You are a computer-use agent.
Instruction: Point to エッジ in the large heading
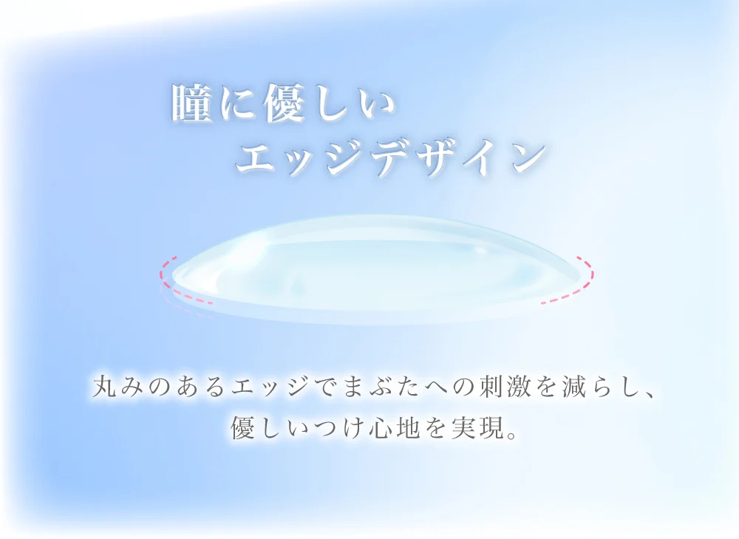[x=304, y=157]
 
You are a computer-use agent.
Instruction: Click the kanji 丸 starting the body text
[x=105, y=386]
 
